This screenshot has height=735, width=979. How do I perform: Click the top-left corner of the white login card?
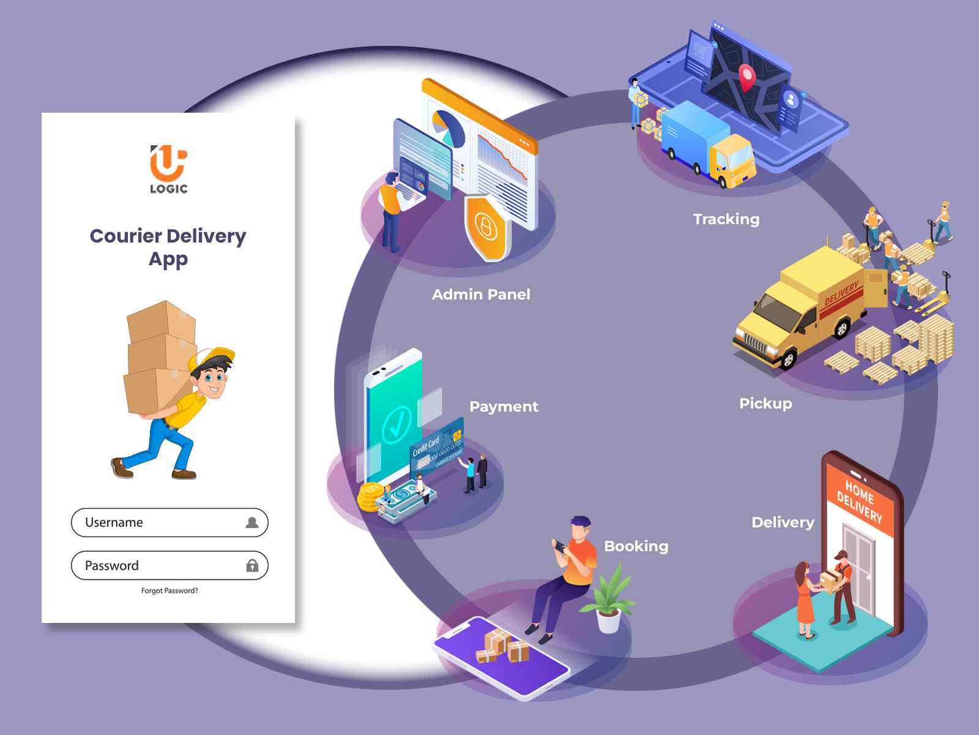coord(42,113)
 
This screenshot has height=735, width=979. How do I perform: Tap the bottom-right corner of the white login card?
coord(296,623)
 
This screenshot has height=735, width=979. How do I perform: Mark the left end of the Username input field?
coord(72,522)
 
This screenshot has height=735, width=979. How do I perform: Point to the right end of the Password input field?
coord(269,565)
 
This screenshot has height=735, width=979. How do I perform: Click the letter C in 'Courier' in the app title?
coord(98,236)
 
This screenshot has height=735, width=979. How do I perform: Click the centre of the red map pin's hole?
coord(746,73)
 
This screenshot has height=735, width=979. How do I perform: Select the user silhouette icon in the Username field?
coord(252,522)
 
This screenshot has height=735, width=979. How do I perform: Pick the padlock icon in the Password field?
coord(253,565)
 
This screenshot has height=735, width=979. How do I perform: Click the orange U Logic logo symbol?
coord(169,162)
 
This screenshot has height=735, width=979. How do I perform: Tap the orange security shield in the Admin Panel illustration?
coord(487,228)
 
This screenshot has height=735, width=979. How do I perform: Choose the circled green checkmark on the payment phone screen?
coord(396,423)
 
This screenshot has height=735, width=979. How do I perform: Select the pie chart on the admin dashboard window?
coord(449,129)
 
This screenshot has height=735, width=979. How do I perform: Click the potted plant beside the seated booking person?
coord(609,598)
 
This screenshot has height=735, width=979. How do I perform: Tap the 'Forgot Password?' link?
coord(169,591)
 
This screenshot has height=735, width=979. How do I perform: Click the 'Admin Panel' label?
coord(482,295)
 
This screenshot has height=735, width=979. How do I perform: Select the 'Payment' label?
coord(504,407)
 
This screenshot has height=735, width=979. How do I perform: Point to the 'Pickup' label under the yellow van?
coord(766,404)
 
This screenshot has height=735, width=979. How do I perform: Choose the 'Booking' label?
coord(636,547)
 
